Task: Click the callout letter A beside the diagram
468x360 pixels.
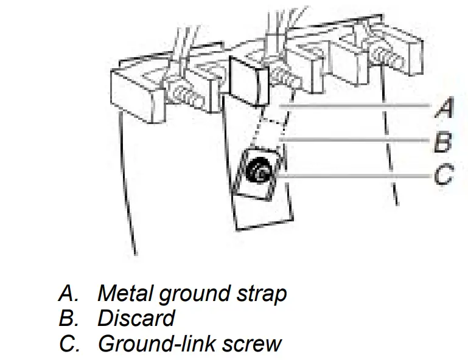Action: pos(445,108)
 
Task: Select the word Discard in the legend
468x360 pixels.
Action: pos(136,318)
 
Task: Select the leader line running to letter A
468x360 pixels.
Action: pos(359,108)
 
